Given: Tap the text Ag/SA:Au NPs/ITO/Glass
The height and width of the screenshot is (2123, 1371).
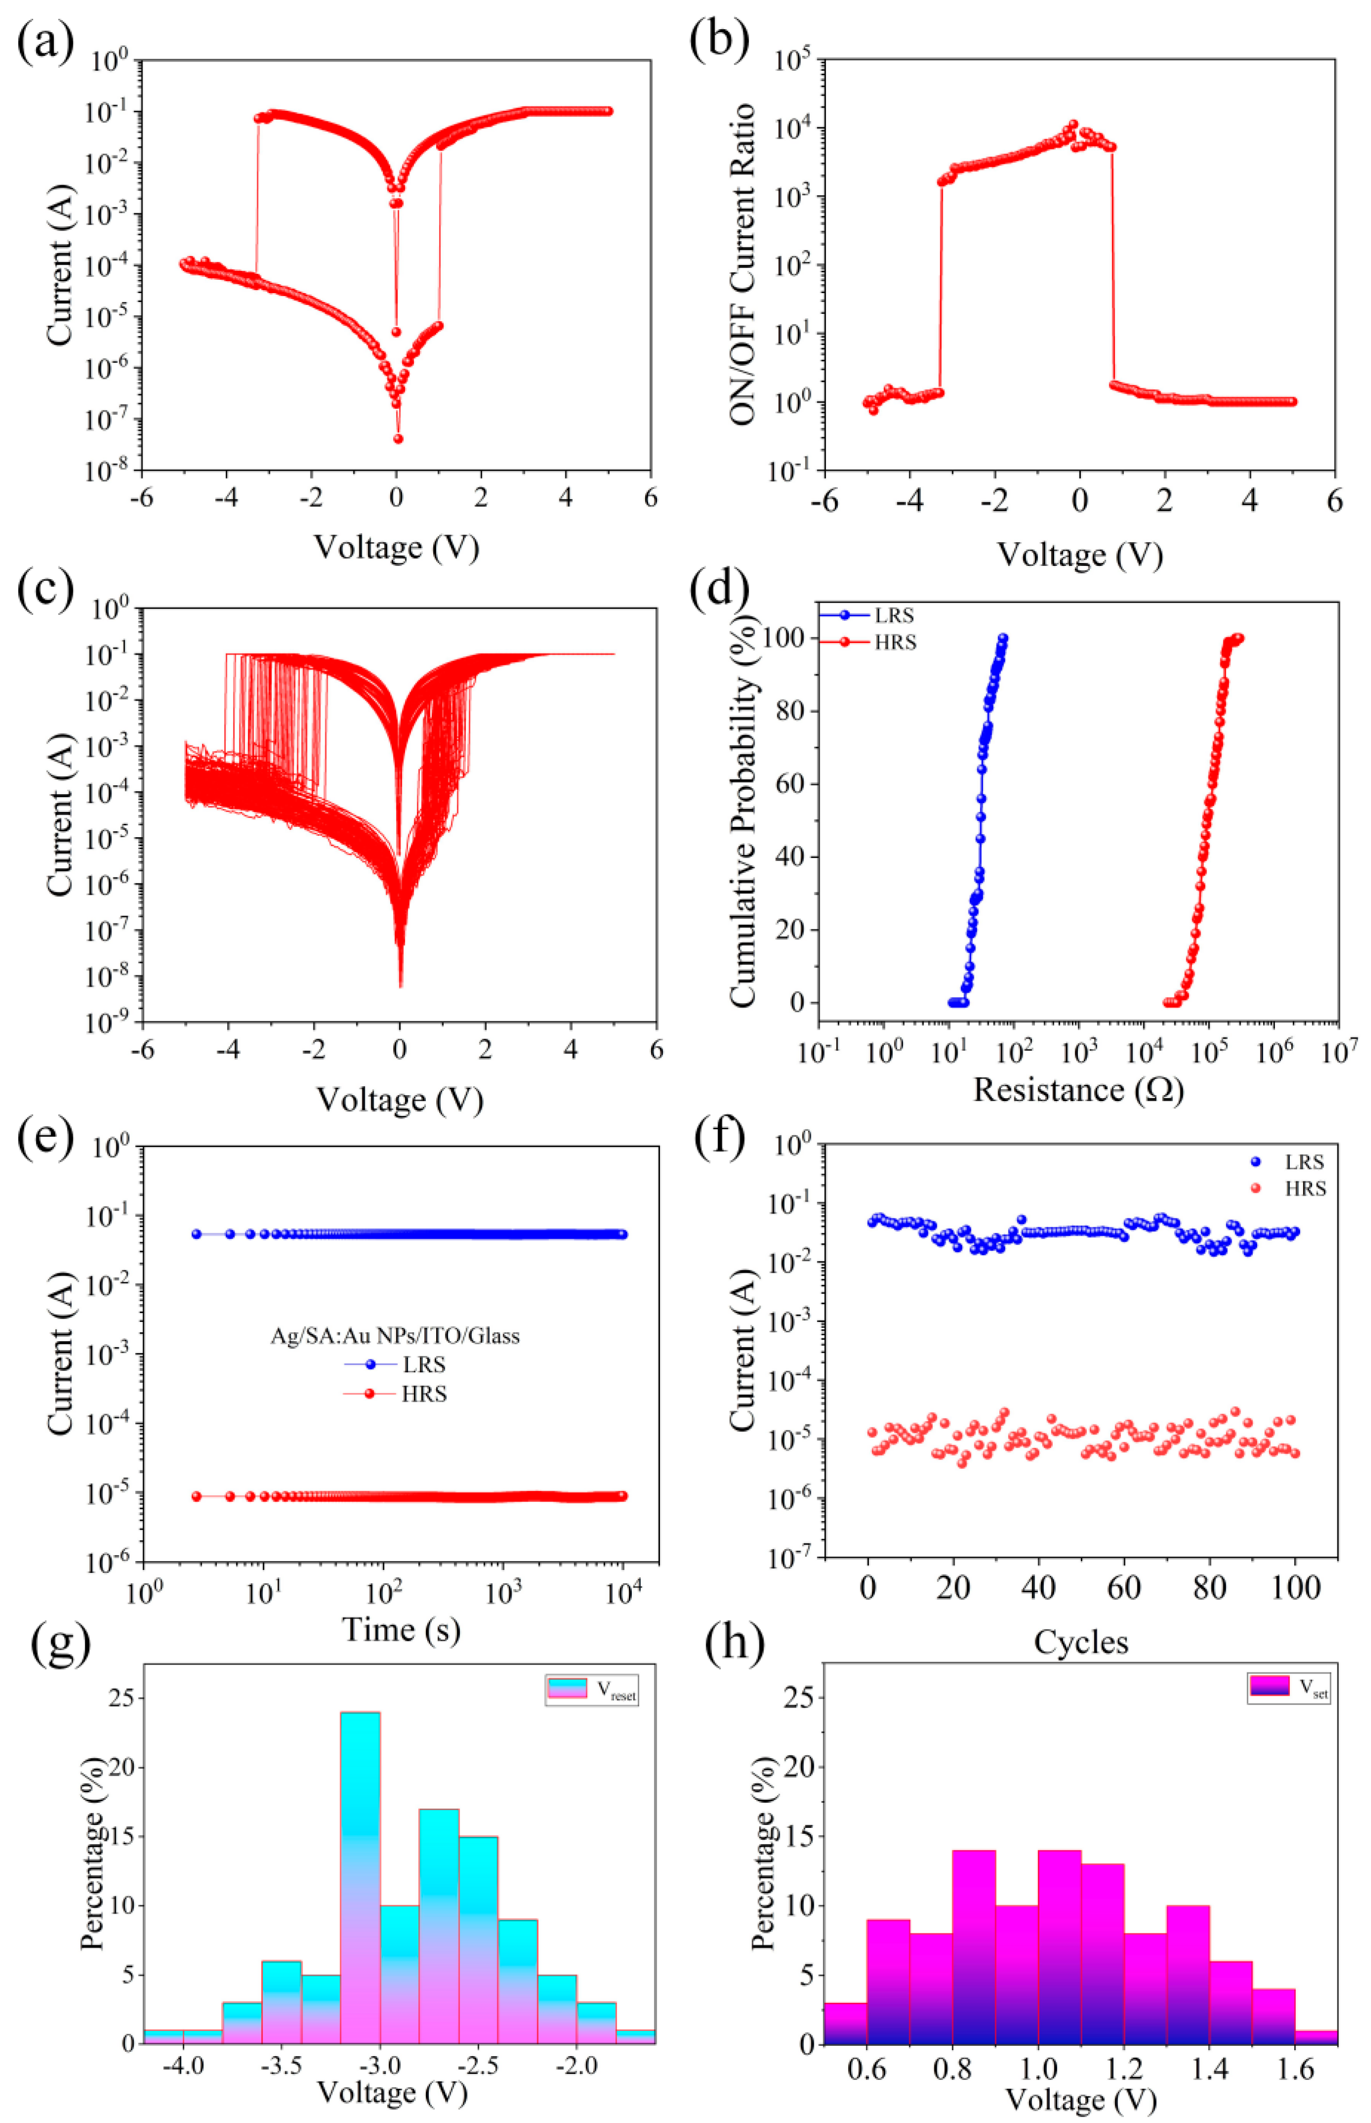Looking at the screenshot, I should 395,1336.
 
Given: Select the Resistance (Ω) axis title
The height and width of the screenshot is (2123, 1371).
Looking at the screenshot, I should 1078,1090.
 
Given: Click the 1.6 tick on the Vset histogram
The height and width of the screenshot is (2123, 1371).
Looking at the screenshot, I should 1294,2070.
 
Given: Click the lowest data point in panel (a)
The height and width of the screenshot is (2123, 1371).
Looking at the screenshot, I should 398,438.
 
